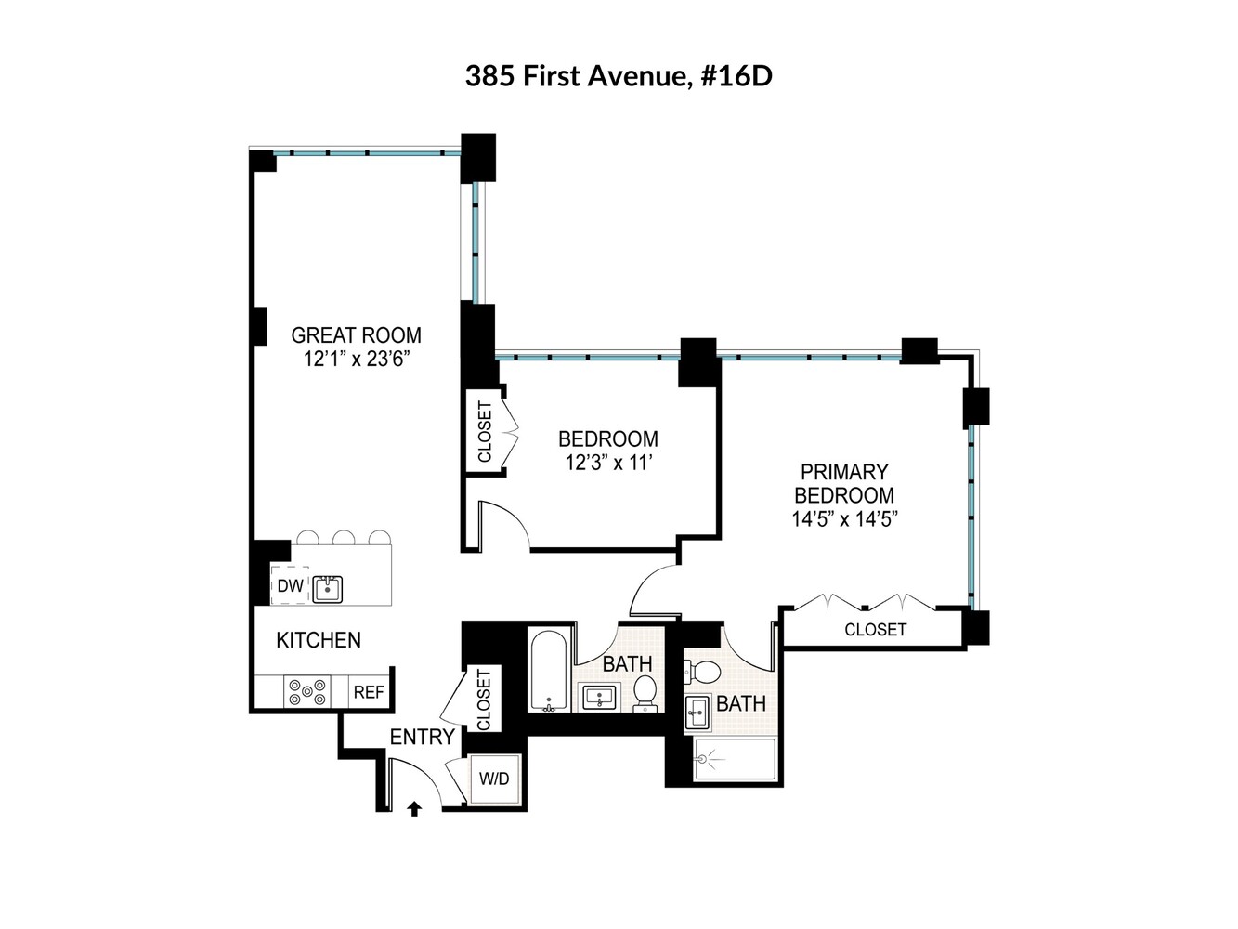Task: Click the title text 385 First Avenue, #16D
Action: [x=619, y=75]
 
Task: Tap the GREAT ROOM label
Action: [x=356, y=335]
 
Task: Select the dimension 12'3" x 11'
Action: [x=607, y=462]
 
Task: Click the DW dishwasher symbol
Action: [x=290, y=586]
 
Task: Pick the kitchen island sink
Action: [x=327, y=588]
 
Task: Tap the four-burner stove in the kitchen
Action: [x=306, y=692]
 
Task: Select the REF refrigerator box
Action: [x=368, y=692]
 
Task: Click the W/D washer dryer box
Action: [x=494, y=779]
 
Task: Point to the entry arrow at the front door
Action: [x=414, y=809]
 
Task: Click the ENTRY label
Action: [x=422, y=737]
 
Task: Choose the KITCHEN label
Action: [x=319, y=640]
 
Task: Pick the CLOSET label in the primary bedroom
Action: [x=875, y=630]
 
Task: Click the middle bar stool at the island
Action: [x=344, y=537]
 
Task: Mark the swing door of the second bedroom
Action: [x=504, y=525]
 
